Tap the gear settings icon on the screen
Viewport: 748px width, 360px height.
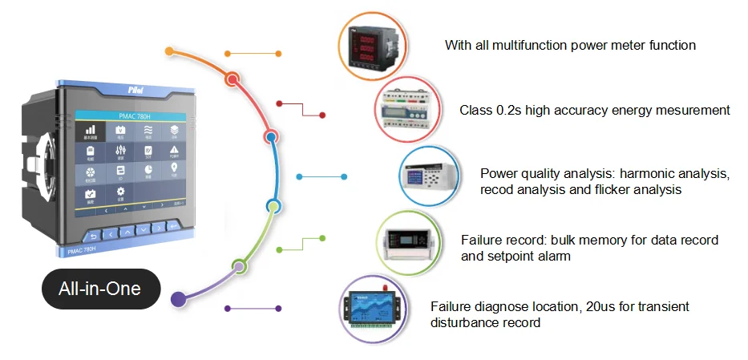pyautogui.click(x=120, y=192)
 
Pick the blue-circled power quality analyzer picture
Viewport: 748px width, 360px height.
pyautogui.click(x=431, y=174)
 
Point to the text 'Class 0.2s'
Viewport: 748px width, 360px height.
pyautogui.click(x=487, y=110)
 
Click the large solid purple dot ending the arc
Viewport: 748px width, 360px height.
pyautogui.click(x=179, y=299)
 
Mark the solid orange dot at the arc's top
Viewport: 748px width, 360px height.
pyautogui.click(x=169, y=51)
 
